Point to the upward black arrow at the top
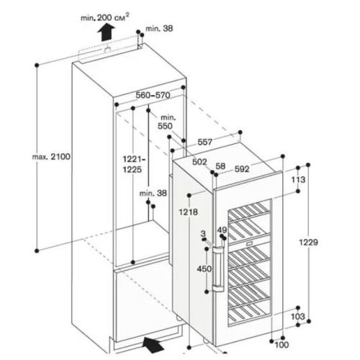(106, 30)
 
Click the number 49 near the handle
(222, 230)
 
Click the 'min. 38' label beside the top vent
(158, 29)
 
